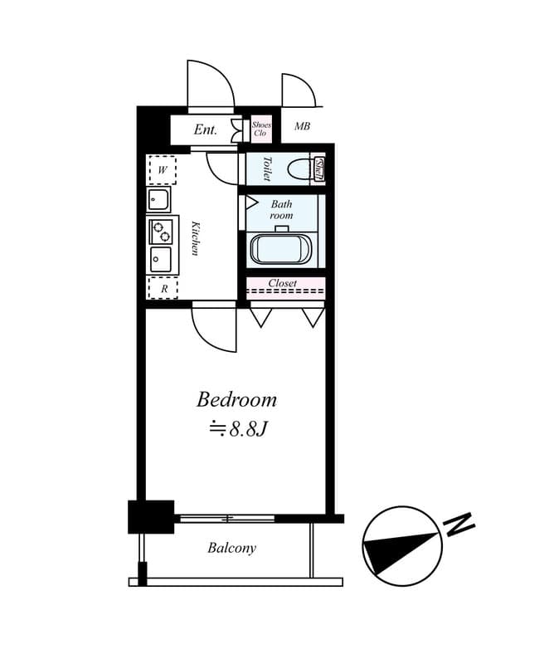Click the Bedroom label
point(236,399)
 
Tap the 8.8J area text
point(241,429)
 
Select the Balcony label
point(231,549)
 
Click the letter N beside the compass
point(459,525)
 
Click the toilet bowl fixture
point(298,169)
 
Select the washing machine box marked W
point(162,170)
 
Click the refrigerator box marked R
point(163,288)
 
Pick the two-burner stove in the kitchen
point(161,230)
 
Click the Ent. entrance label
point(205,129)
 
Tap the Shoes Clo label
point(261,129)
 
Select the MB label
point(302,127)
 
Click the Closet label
point(282,283)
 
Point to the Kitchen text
point(196,237)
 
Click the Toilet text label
point(267,168)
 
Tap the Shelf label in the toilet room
point(319,168)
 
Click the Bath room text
point(281,209)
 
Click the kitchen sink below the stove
point(160,259)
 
